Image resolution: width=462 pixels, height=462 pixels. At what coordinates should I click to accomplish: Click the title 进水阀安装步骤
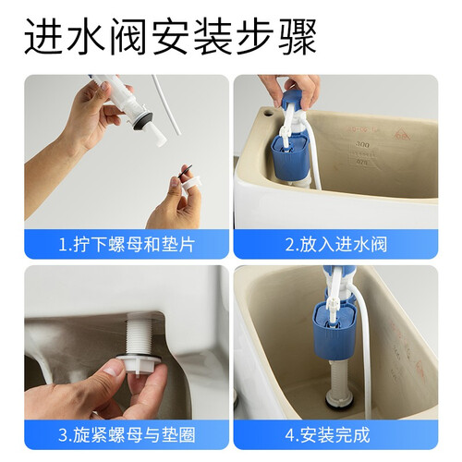[170, 37]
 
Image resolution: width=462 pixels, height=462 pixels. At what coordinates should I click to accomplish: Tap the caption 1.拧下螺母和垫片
[127, 245]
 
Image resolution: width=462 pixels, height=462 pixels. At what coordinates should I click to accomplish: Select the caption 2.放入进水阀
[336, 245]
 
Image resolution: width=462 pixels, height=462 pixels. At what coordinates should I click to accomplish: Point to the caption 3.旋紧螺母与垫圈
[127, 435]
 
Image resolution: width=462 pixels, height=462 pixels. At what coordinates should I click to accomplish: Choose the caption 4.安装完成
[328, 435]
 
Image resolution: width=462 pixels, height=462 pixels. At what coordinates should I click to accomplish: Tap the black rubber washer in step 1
[185, 171]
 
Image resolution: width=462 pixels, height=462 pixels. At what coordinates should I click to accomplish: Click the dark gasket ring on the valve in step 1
[143, 120]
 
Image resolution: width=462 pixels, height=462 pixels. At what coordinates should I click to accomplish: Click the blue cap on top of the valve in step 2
[293, 100]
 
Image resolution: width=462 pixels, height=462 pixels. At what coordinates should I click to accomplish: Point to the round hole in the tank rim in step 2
[268, 113]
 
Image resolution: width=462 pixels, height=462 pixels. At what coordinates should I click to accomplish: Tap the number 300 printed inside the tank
[362, 144]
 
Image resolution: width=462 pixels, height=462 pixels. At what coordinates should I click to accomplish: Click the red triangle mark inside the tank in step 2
[403, 134]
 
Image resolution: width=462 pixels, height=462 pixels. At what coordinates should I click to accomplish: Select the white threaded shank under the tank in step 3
[139, 336]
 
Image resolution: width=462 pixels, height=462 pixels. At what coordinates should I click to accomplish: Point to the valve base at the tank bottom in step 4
[340, 400]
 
